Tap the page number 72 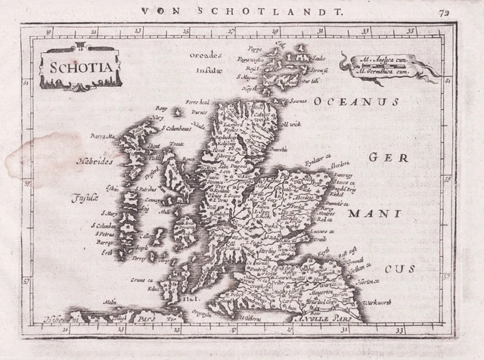coord(462,9)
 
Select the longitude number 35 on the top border coord(411,32)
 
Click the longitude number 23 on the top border coord(138,32)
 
